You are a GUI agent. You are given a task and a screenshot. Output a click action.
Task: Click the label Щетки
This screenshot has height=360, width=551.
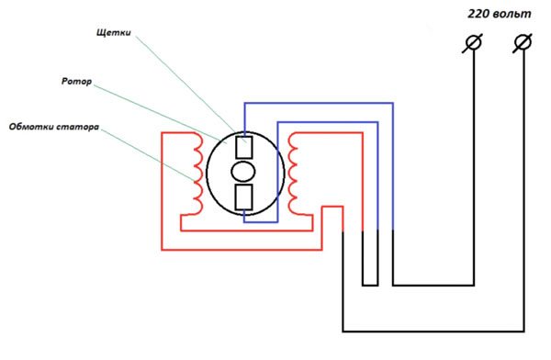click(114, 32)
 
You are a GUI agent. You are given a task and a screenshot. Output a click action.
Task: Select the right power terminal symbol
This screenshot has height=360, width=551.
click(523, 42)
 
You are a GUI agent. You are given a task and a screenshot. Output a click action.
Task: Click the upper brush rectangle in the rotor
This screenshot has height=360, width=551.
click(244, 147)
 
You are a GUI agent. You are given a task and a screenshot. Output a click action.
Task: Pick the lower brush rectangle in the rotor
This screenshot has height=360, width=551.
click(244, 197)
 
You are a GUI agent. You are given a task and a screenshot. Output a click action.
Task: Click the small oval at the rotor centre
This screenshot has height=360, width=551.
click(244, 172)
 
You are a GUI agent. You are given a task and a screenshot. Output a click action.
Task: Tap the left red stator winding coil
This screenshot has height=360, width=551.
click(196, 171)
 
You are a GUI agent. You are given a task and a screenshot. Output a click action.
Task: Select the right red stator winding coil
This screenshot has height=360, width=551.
click(294, 171)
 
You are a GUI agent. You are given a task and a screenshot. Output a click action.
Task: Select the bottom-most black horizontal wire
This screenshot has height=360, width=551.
click(432, 331)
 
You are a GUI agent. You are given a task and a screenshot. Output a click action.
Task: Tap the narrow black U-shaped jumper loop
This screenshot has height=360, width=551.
click(370, 276)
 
